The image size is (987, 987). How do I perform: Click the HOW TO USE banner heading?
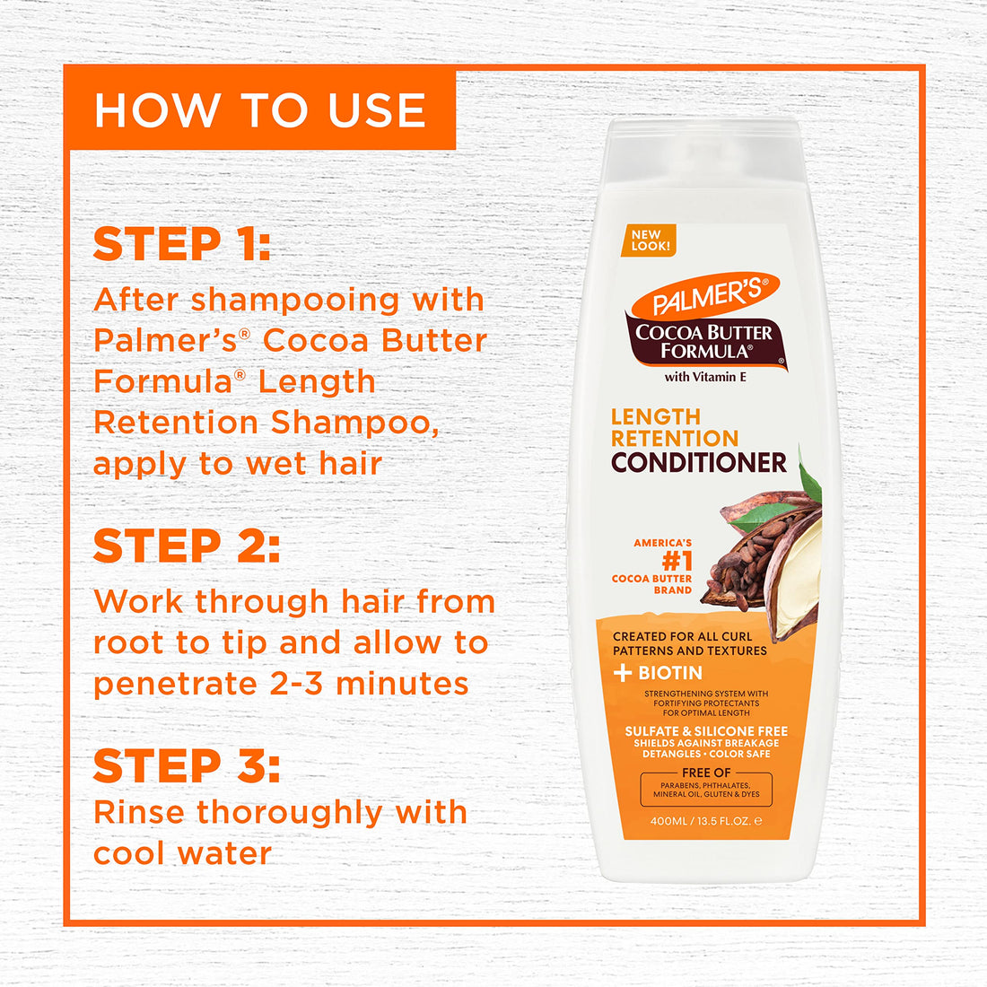pyautogui.click(x=260, y=110)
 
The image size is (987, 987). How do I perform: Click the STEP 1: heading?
pyautogui.click(x=182, y=244)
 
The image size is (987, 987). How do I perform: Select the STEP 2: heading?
pyautogui.click(x=187, y=546)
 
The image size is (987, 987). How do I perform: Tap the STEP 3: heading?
pyautogui.click(x=187, y=766)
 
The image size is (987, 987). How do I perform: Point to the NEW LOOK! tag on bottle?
pyautogui.click(x=651, y=240)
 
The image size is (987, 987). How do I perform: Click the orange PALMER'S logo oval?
pyautogui.click(x=705, y=297)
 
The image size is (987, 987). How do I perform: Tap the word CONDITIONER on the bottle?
pyautogui.click(x=699, y=462)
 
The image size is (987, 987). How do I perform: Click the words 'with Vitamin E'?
pyautogui.click(x=705, y=377)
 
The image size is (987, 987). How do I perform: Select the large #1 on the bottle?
pyautogui.click(x=677, y=562)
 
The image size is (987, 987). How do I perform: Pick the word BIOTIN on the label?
pyautogui.click(x=670, y=673)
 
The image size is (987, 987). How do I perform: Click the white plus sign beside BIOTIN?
pyautogui.click(x=623, y=673)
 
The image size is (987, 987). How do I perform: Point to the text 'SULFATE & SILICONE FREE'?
pyautogui.click(x=706, y=731)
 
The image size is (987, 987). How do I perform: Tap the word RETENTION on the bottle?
pyautogui.click(x=675, y=439)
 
